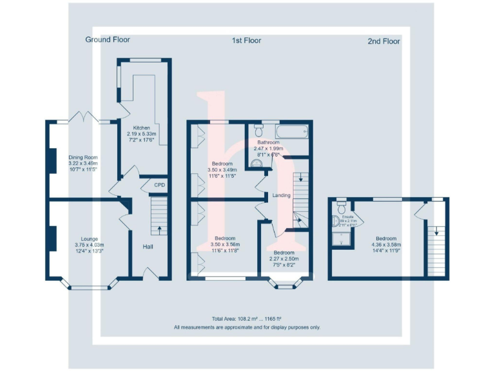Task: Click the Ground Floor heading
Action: pyautogui.click(x=108, y=40)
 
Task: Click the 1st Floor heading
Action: pyautogui.click(x=246, y=41)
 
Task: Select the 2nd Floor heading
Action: pyautogui.click(x=383, y=41)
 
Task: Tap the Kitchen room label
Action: pyautogui.click(x=141, y=128)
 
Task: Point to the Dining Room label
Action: pyautogui.click(x=82, y=157)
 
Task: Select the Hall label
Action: pyautogui.click(x=148, y=247)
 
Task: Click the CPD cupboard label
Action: pyautogui.click(x=159, y=185)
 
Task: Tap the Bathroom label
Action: pyautogui.click(x=268, y=142)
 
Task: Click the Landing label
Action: pyautogui.click(x=282, y=195)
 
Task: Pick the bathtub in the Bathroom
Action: pyautogui.click(x=291, y=131)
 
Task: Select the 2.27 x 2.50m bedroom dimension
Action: pyautogui.click(x=284, y=259)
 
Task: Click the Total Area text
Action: pyautogui.click(x=247, y=319)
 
